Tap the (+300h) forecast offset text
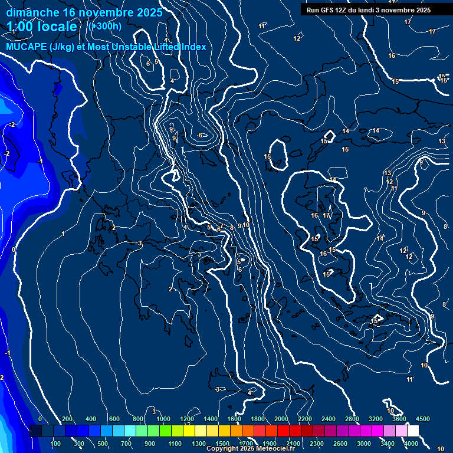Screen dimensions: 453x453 104,26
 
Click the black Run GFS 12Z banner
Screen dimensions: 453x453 368,9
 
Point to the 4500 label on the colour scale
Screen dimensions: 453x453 423,419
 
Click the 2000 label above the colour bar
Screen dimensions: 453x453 281,419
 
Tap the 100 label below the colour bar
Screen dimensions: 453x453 55,444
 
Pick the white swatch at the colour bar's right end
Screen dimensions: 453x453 413,431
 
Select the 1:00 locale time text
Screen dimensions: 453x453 42,27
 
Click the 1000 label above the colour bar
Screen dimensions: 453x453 163,419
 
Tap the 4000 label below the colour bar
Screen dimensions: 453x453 411,444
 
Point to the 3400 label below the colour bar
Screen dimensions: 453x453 388,444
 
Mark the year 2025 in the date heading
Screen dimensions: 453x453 149,12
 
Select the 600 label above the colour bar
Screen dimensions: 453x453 114,419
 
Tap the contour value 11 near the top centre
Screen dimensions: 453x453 262,27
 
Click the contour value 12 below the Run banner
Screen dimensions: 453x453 297,38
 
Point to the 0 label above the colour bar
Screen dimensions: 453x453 40,419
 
